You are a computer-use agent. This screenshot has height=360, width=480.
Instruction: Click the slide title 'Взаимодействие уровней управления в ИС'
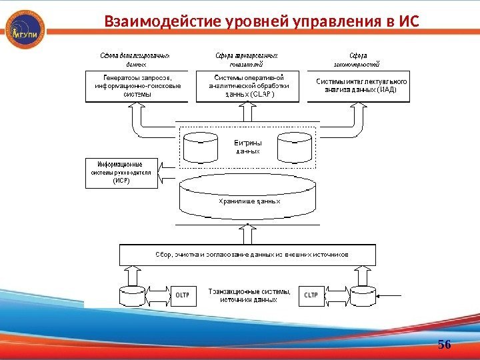[x=261, y=22]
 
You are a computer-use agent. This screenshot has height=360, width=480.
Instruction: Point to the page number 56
[x=444, y=344]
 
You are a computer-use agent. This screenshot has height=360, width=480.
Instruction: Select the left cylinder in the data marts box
[x=201, y=147]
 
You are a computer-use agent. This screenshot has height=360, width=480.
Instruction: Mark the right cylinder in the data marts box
[x=294, y=147]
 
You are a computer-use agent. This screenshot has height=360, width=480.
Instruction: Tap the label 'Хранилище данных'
[x=249, y=200]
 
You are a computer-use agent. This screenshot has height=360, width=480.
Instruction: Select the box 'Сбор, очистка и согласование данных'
[x=247, y=255]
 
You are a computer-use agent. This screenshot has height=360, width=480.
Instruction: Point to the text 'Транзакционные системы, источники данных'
[x=249, y=295]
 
